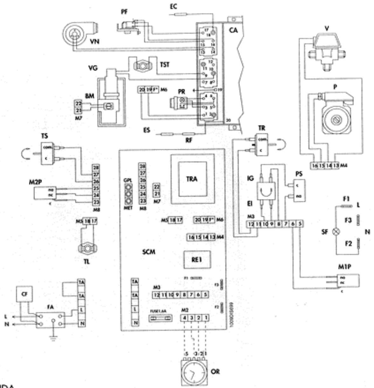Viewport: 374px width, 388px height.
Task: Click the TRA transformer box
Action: [x=192, y=179]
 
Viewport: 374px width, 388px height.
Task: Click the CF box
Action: [x=24, y=294]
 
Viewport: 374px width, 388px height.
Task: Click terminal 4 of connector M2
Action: [x=184, y=317]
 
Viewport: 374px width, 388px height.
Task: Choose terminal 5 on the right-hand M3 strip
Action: [x=300, y=224]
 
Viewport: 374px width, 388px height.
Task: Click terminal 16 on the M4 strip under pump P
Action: [x=315, y=166]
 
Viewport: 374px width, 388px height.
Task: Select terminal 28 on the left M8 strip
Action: [x=96, y=168]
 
